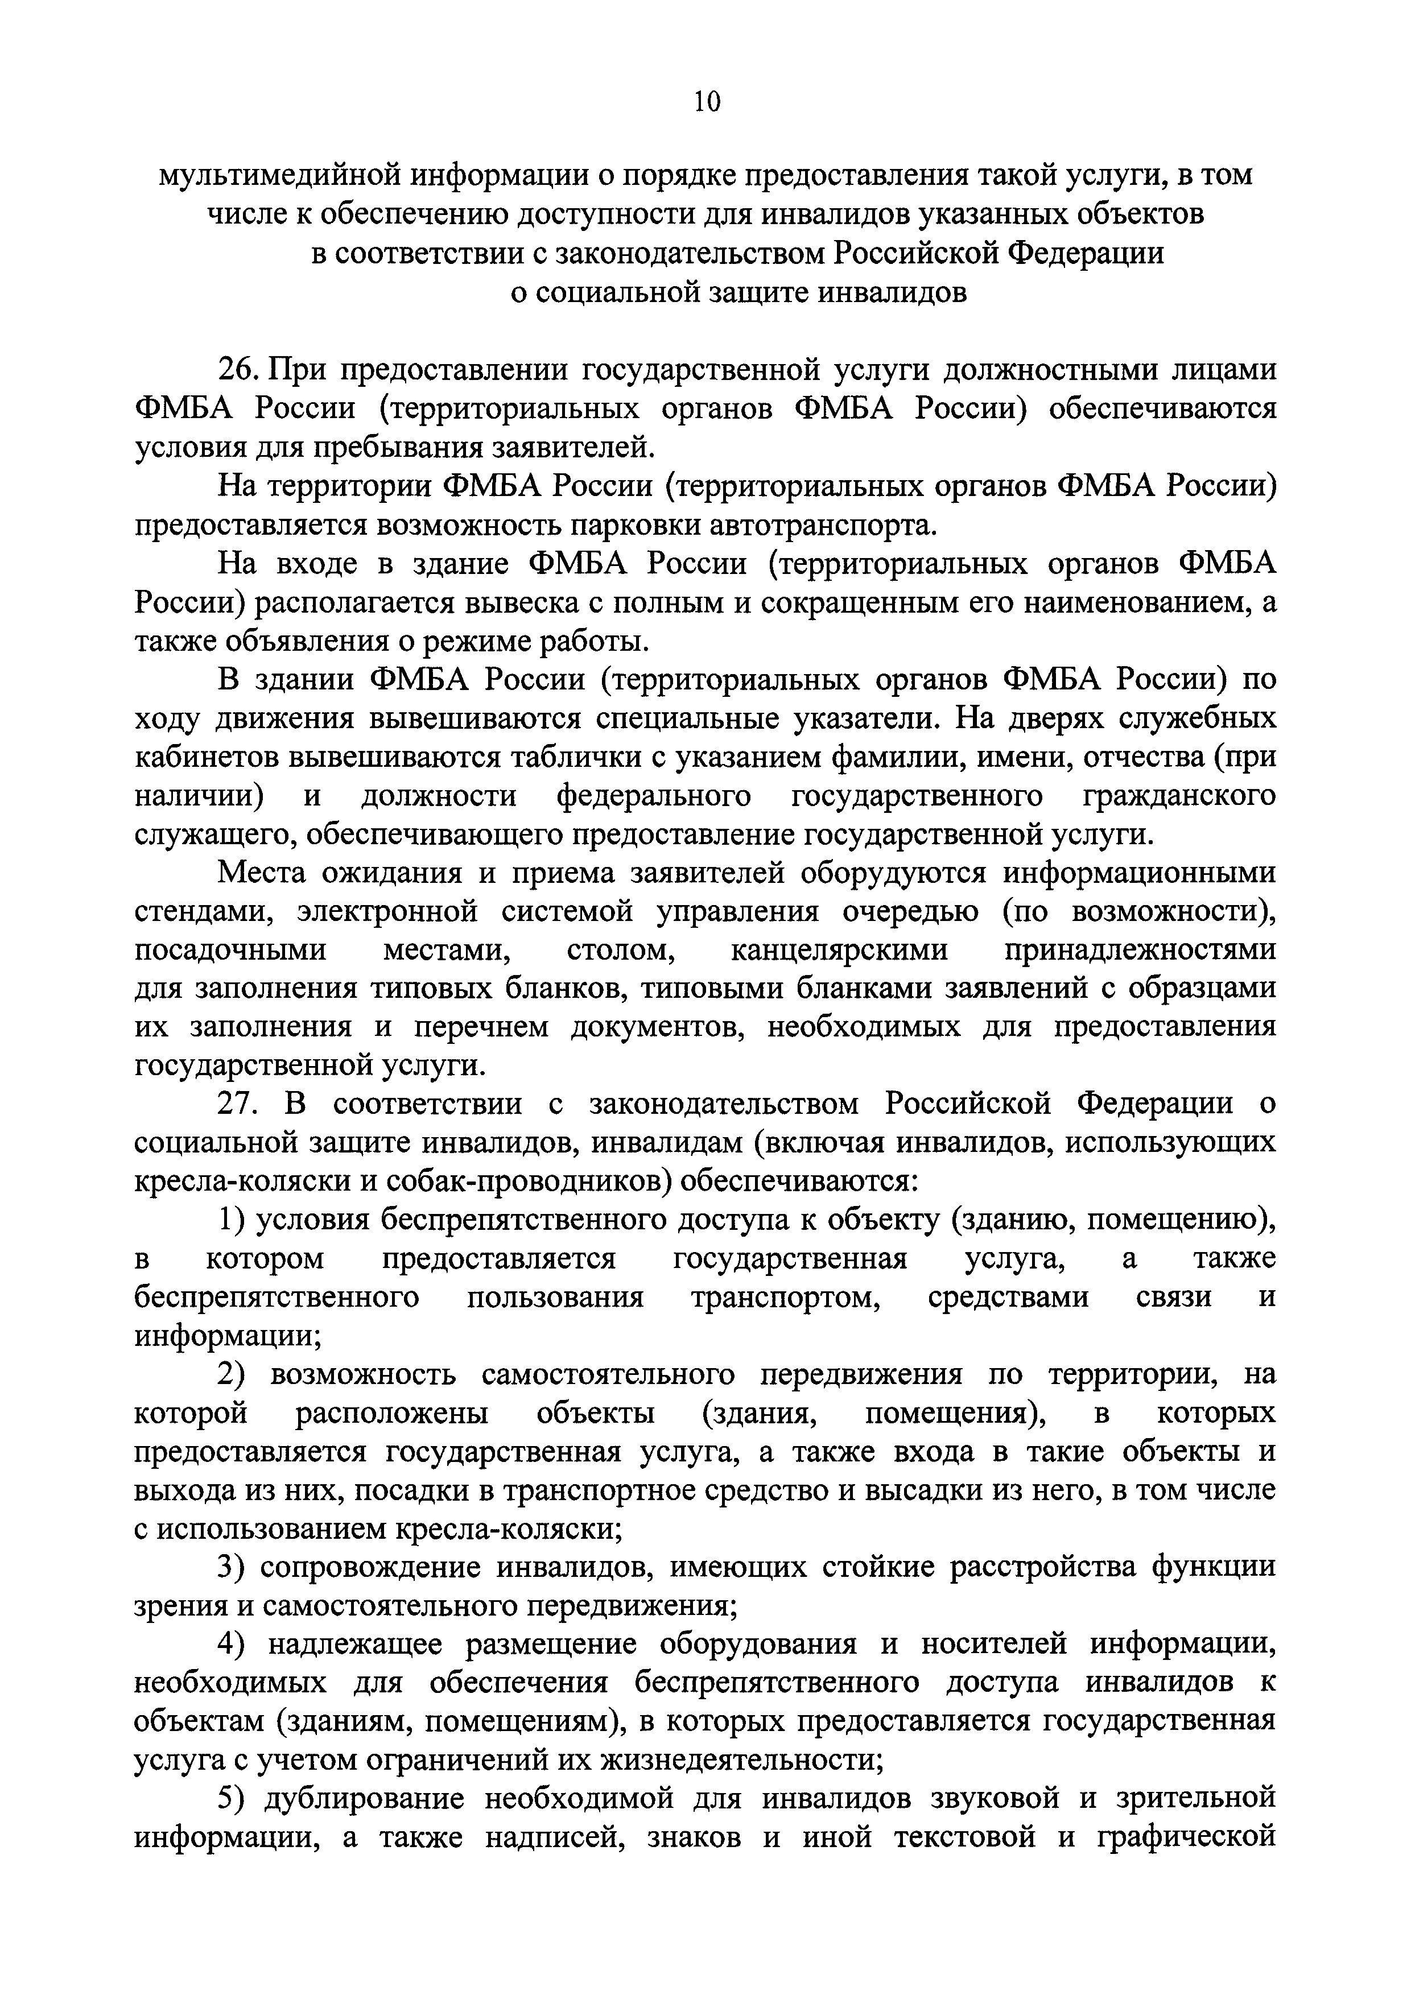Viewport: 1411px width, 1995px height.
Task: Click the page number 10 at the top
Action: coord(707,102)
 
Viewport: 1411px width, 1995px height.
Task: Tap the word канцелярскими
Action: coord(839,949)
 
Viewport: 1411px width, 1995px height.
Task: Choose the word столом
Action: coord(620,949)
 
